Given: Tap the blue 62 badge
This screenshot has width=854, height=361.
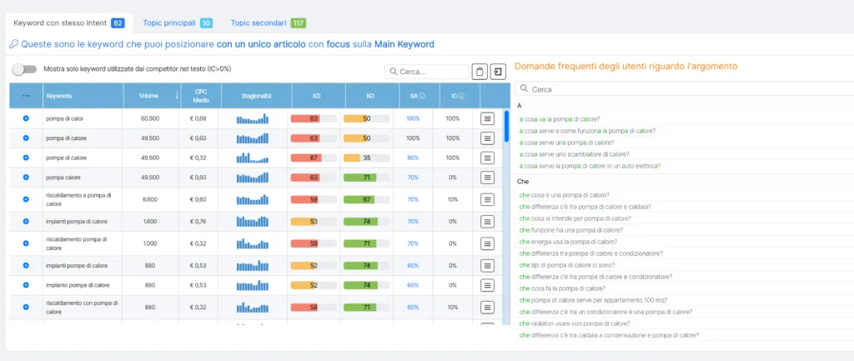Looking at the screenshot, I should point(118,23).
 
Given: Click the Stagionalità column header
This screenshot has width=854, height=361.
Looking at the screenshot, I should point(251,96).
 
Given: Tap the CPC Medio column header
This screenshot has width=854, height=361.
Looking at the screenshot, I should point(201,96).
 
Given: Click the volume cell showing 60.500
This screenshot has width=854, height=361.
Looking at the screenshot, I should point(150,119).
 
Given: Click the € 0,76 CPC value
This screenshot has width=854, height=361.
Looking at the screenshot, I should point(198,222).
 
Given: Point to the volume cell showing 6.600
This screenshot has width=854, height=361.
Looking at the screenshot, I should point(150,199).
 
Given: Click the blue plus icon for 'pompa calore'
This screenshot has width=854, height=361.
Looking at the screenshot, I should point(26,178).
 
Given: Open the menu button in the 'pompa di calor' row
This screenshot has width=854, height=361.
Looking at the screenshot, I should point(488,119).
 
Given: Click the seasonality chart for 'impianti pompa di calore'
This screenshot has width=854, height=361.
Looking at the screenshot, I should point(252,222).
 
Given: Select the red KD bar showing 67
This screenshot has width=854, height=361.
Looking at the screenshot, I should point(314,158).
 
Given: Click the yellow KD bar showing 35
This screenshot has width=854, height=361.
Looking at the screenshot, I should point(366,158).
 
